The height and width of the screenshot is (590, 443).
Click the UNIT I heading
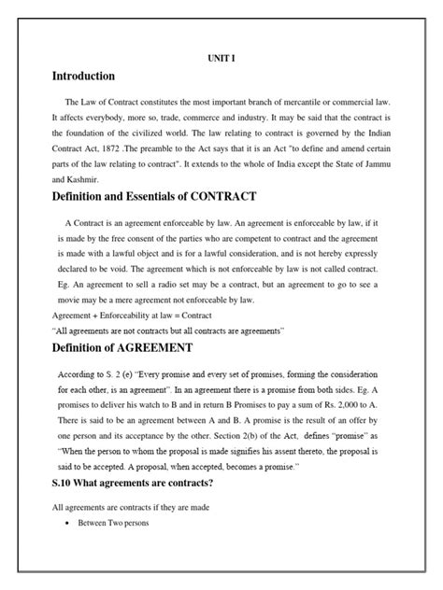[221, 57]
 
